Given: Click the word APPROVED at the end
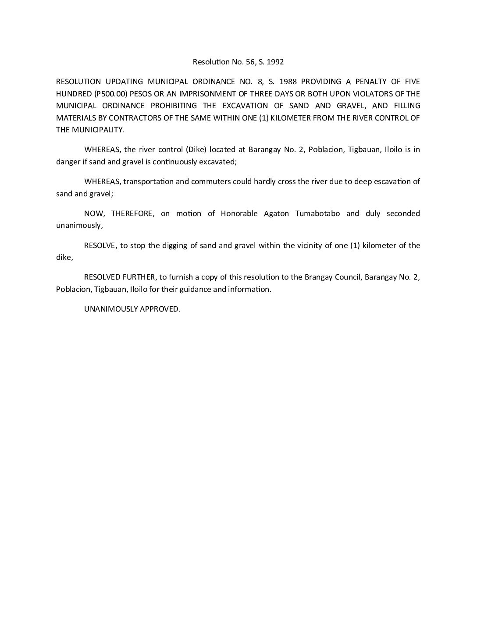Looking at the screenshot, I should coord(160,309).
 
